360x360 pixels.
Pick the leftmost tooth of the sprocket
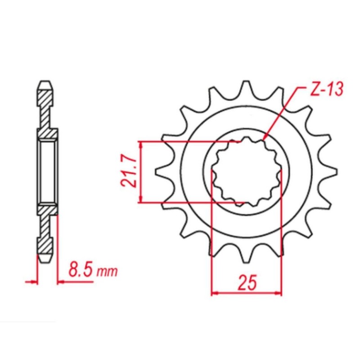[158, 173]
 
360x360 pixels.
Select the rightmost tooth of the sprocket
[334, 172]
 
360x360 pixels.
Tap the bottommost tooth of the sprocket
[247, 259]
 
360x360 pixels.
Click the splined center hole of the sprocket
[247, 172]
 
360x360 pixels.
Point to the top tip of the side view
[46, 84]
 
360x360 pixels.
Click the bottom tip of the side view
[46, 261]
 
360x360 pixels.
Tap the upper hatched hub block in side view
[47, 134]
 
